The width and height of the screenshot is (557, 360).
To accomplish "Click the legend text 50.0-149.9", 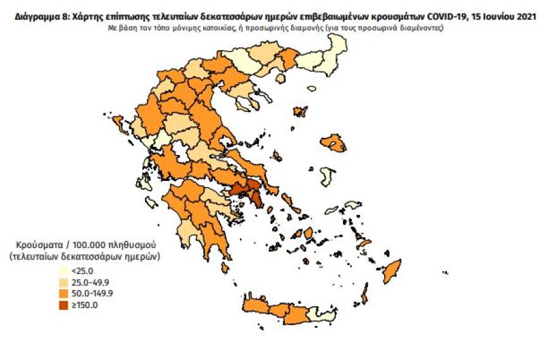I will pos(92,294).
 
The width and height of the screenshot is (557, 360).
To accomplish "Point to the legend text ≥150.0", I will pos(85,305).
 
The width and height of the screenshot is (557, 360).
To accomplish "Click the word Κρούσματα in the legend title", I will pos(41,245).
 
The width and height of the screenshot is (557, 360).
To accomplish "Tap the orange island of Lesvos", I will pos(333,143).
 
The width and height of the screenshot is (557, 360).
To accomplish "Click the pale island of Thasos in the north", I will pos(311,90).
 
